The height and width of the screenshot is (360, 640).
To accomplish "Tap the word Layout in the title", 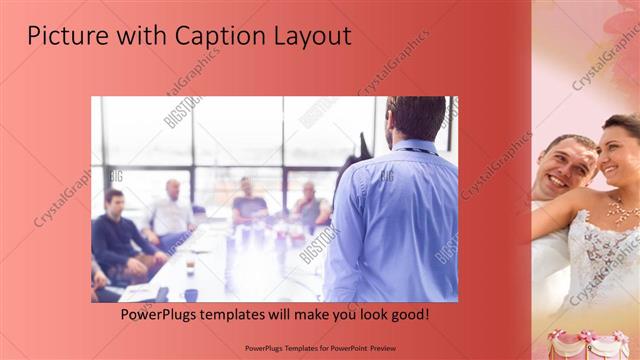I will coord(310,36).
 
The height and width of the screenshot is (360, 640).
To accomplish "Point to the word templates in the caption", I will coord(252,314).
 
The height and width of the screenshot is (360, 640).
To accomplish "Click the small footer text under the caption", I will coord(319,347).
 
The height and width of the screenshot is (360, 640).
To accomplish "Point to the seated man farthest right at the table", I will coord(310,205).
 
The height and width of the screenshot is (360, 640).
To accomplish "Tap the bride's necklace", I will coord(622,210).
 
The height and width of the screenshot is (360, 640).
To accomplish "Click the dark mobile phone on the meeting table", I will coord(162,294).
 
